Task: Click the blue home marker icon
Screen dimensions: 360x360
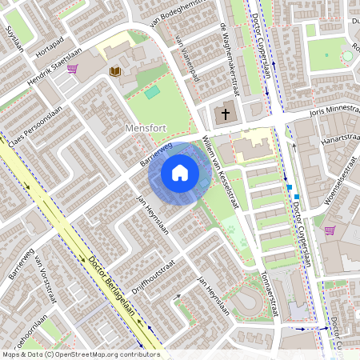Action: pyautogui.click(x=180, y=172)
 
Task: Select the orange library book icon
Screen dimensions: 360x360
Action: pyautogui.click(x=114, y=72)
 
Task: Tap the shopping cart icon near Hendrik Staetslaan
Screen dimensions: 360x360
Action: pyautogui.click(x=73, y=69)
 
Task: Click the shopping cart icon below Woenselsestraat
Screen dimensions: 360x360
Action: pyautogui.click(x=329, y=230)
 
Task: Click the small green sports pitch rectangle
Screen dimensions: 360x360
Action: pyautogui.click(x=152, y=93)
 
